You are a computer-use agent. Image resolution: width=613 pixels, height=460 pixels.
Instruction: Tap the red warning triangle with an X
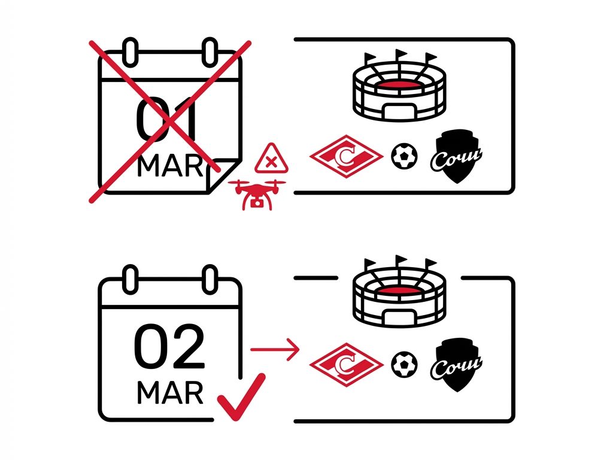coord(271,159)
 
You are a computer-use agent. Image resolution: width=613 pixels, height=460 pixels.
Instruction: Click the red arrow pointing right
coord(275,349)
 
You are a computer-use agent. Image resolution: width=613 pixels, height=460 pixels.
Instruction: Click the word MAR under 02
coord(170,393)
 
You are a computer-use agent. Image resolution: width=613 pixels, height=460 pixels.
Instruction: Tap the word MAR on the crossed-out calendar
coord(170,166)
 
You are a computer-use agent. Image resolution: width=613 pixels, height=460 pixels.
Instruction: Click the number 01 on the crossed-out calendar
coord(166,119)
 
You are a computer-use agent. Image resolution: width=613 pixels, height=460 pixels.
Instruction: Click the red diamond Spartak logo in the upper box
coord(347,156)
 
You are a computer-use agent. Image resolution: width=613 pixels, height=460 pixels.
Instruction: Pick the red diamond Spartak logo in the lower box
coord(347,365)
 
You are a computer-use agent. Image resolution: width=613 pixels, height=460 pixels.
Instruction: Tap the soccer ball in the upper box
coord(404,156)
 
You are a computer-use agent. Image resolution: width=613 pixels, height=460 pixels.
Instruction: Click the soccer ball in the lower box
coord(404,365)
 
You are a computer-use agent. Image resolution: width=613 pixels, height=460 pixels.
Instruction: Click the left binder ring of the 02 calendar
coord(130,279)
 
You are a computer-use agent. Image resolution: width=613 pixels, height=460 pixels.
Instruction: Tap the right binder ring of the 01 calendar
coord(210,52)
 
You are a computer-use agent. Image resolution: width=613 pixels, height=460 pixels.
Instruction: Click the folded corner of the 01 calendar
coord(221,174)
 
